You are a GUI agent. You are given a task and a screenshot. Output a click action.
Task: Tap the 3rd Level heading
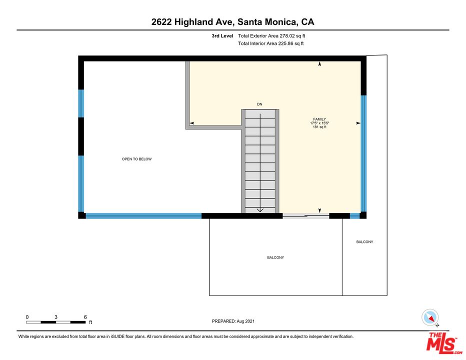click(222, 36)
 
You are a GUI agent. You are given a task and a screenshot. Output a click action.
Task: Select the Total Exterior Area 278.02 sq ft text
click(271, 36)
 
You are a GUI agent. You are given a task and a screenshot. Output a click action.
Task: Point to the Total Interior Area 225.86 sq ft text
click(270, 43)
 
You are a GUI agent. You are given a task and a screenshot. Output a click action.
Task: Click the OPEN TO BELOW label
click(136, 159)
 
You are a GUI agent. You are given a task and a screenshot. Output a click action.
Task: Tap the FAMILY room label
click(319, 119)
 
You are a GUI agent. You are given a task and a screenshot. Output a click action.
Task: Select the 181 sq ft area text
click(319, 127)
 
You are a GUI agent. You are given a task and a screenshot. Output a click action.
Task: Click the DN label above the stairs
click(259, 104)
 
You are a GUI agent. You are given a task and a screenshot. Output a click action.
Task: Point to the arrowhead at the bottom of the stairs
click(260, 210)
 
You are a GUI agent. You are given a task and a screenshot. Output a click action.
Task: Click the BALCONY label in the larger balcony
click(275, 257)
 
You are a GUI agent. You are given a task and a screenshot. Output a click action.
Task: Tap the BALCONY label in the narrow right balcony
click(364, 241)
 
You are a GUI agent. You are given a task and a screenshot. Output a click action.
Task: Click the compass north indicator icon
click(430, 317)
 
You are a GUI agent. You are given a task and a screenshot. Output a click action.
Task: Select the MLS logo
click(443, 343)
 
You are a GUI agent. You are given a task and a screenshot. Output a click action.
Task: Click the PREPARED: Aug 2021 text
click(233, 321)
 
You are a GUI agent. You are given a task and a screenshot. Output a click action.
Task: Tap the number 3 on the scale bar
click(56, 317)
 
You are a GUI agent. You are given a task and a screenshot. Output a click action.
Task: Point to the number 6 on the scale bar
click(85, 317)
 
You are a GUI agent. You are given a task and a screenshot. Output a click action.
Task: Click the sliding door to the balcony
click(306, 216)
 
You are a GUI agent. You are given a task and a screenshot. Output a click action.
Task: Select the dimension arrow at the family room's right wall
click(358, 123)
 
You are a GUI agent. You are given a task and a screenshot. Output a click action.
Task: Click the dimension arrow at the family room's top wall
click(320, 63)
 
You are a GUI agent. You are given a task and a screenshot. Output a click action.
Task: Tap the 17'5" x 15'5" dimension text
click(319, 123)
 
